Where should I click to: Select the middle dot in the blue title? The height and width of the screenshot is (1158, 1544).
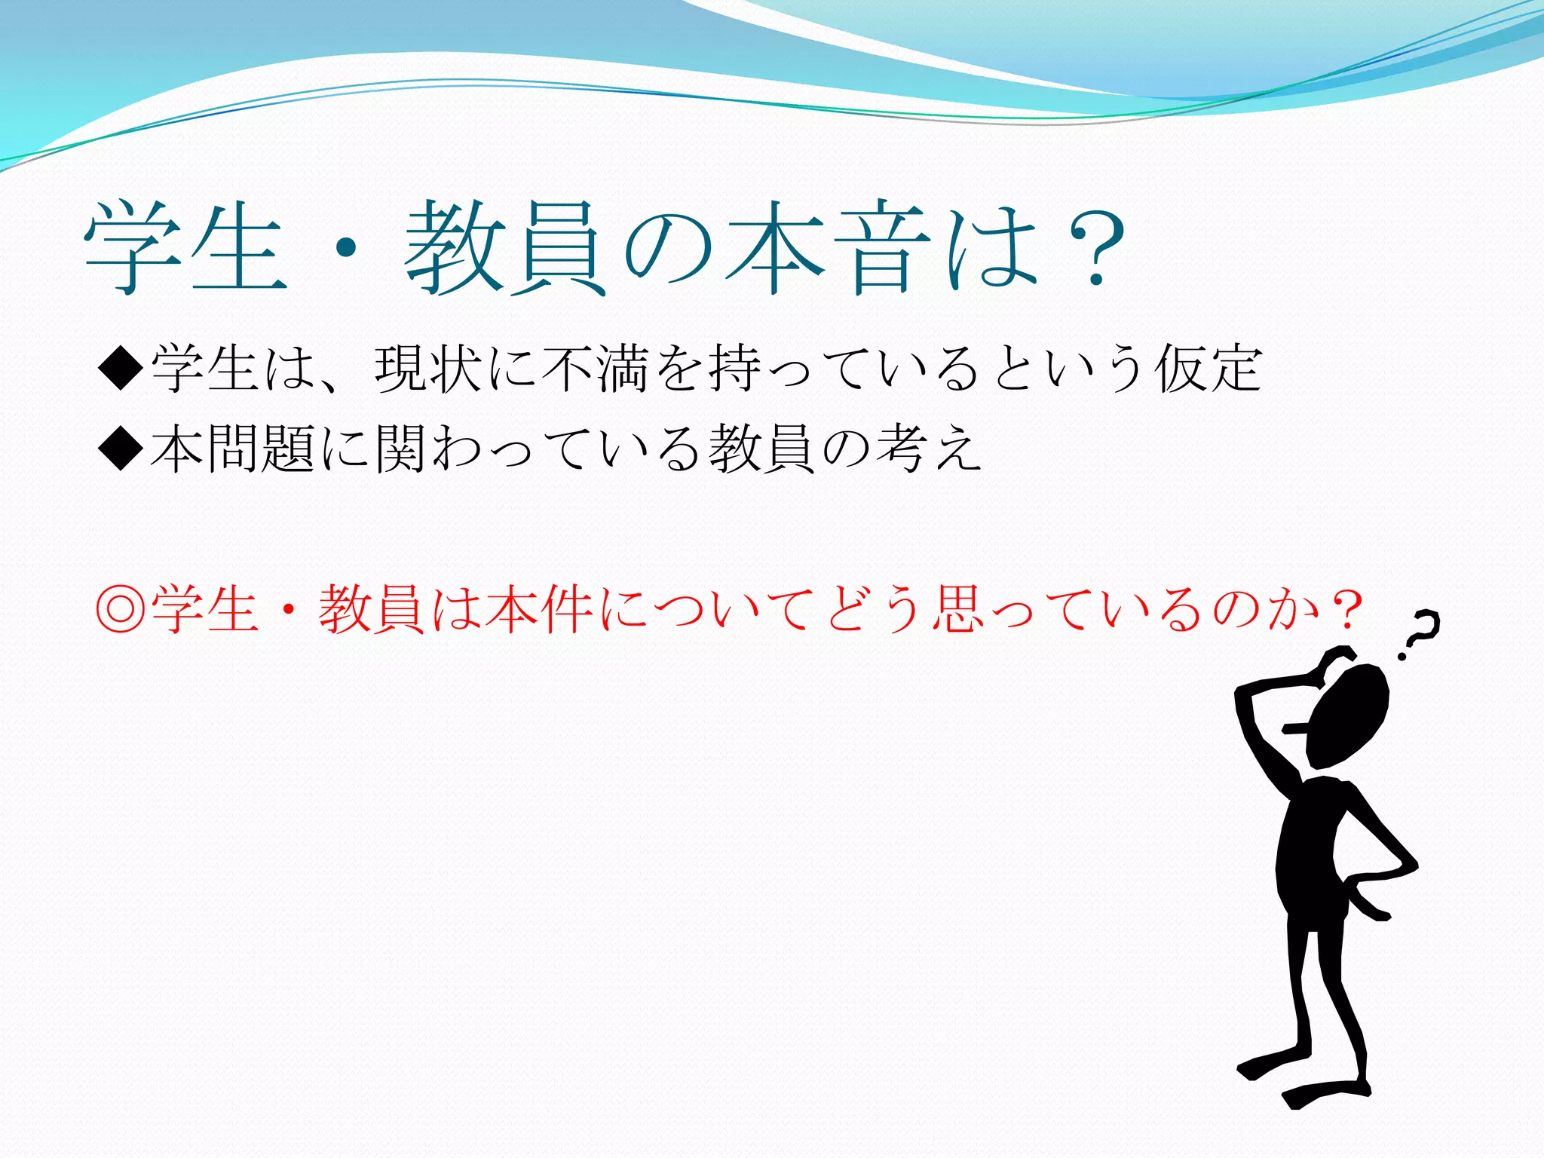point(346,247)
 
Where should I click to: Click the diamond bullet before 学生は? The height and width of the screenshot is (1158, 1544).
point(121,368)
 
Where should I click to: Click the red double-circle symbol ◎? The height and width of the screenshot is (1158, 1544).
point(121,609)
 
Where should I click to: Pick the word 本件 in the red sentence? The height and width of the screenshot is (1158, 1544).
point(539,609)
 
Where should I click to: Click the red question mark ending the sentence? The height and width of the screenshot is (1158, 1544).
point(1346,609)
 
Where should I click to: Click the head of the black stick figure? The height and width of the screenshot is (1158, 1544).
point(1349,716)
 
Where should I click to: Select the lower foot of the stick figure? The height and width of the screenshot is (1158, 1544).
point(1327,1093)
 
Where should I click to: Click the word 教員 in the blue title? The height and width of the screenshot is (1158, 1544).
point(505,249)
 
